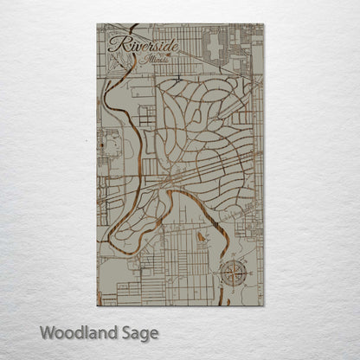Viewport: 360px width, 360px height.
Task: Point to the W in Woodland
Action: point(46,331)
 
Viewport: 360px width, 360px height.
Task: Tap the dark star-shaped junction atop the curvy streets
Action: point(176,79)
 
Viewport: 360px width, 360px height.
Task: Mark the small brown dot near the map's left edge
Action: point(101,147)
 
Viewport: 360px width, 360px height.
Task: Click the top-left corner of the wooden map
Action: point(97,24)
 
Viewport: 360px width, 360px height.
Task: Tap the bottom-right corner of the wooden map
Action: point(264,305)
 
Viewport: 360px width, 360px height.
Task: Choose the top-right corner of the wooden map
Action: point(264,24)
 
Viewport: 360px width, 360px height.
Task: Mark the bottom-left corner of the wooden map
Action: point(97,305)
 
